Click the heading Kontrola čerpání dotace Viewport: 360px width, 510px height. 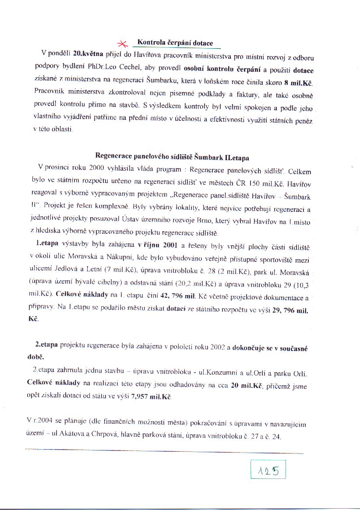175,43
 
